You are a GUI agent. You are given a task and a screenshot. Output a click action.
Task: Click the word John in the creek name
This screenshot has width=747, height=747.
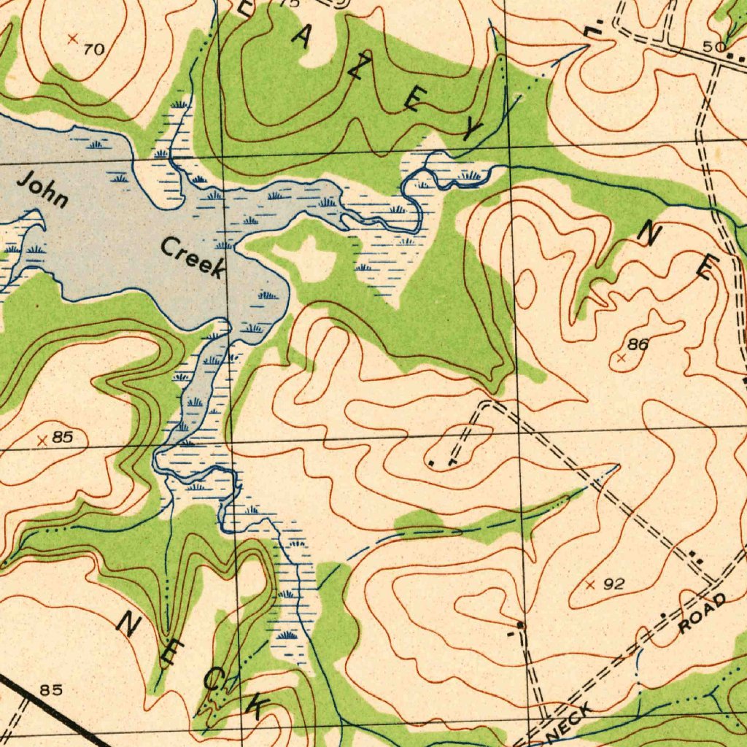(x=43, y=188)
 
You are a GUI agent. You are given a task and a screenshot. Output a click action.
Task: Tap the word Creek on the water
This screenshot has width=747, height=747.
(x=192, y=258)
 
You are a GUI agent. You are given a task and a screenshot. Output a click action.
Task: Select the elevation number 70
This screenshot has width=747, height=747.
(x=93, y=50)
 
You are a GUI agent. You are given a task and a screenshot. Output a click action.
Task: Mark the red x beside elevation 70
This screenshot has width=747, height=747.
(x=71, y=38)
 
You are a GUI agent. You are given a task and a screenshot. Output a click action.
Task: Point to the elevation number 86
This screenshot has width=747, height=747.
(x=638, y=345)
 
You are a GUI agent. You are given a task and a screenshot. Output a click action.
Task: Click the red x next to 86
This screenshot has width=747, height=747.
(x=621, y=358)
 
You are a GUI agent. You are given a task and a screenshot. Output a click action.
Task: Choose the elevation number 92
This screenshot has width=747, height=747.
(x=614, y=584)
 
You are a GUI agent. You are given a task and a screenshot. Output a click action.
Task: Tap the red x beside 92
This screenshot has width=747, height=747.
(x=591, y=584)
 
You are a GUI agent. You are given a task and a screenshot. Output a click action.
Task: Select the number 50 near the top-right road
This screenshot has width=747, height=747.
(x=713, y=47)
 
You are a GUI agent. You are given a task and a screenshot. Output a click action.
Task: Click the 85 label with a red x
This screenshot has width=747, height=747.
(x=63, y=438)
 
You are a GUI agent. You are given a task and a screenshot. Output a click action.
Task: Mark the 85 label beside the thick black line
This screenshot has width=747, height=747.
(x=51, y=689)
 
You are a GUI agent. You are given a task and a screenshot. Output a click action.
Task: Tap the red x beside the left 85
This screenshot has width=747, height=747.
(x=42, y=440)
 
